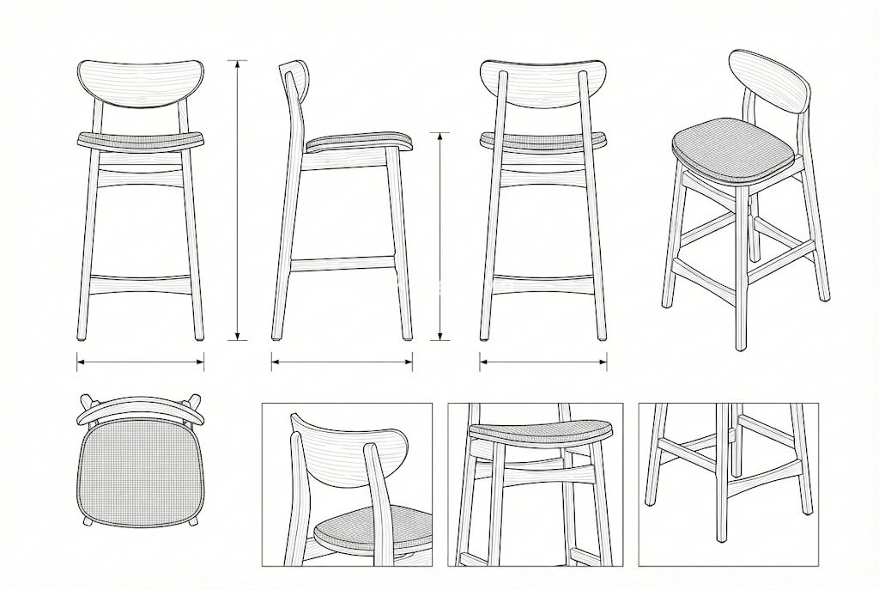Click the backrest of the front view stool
[x=140, y=83]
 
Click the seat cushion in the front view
[x=140, y=140]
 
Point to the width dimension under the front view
[x=140, y=362]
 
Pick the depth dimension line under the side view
[x=342, y=362]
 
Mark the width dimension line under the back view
[x=543, y=362]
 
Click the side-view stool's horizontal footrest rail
[x=342, y=263]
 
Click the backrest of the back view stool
[x=543, y=83]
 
